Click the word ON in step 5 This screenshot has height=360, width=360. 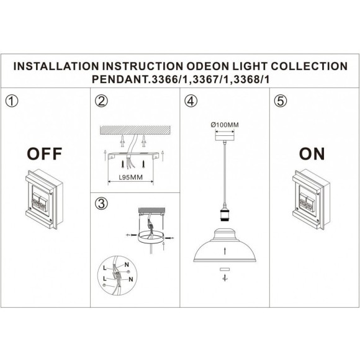[312, 153]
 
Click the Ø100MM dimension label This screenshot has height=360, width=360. [225, 125]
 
